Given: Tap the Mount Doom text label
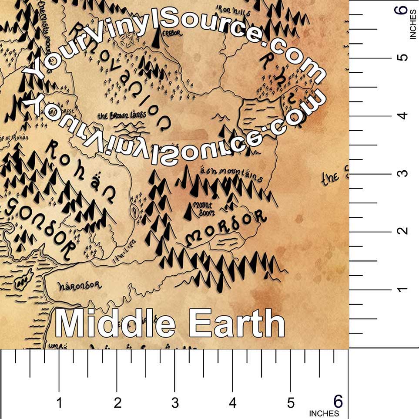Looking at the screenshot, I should click(x=202, y=209).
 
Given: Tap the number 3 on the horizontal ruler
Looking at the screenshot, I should click(x=175, y=403).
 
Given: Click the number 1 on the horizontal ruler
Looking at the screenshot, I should click(x=59, y=403).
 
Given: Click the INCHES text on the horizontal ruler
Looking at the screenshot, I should click(x=324, y=413).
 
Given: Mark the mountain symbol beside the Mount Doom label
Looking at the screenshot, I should click(x=188, y=211).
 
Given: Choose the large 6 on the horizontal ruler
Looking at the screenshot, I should click(x=338, y=400).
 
